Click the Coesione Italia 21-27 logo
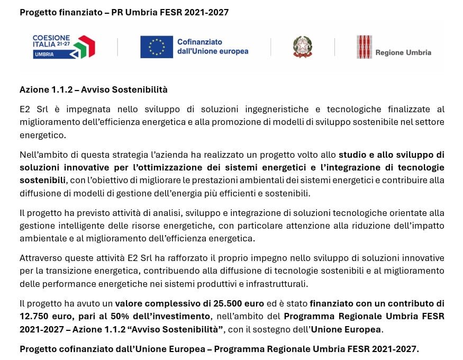point(63,47)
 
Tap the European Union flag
point(157,47)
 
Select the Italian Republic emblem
point(303,47)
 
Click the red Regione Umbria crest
point(364,47)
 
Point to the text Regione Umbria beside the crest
point(403,52)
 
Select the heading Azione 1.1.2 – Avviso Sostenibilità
point(94,89)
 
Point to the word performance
point(59,283)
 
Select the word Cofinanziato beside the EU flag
point(199,42)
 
